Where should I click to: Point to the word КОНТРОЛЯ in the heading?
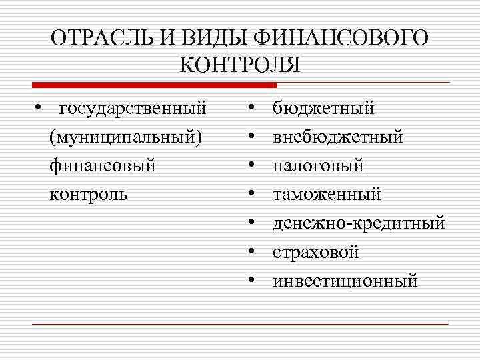[240, 66]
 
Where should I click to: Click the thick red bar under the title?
[154, 85]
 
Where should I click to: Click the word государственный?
[133, 107]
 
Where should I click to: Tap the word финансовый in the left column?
[102, 165]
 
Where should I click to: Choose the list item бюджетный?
[323, 108]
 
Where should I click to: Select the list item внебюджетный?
[337, 137]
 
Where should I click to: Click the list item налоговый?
[318, 165]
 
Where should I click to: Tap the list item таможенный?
[327, 194]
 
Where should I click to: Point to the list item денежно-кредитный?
[358, 223]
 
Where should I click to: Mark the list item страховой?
[315, 252]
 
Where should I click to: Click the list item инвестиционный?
[345, 281]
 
